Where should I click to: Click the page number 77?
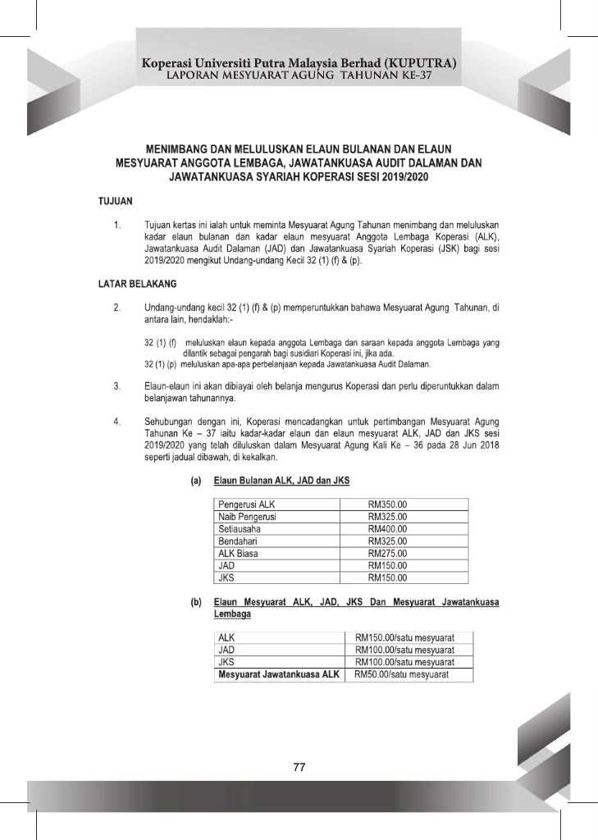[299, 767]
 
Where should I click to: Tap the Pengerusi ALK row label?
[246, 504]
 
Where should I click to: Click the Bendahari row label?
[239, 541]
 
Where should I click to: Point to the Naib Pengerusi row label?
[247, 517]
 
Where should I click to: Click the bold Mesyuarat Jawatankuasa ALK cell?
[278, 674]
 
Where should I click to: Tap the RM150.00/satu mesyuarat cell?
[404, 637]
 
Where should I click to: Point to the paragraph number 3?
[118, 385]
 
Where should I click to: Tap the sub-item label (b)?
[196, 602]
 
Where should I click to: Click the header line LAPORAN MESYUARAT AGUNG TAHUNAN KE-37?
[299, 75]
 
